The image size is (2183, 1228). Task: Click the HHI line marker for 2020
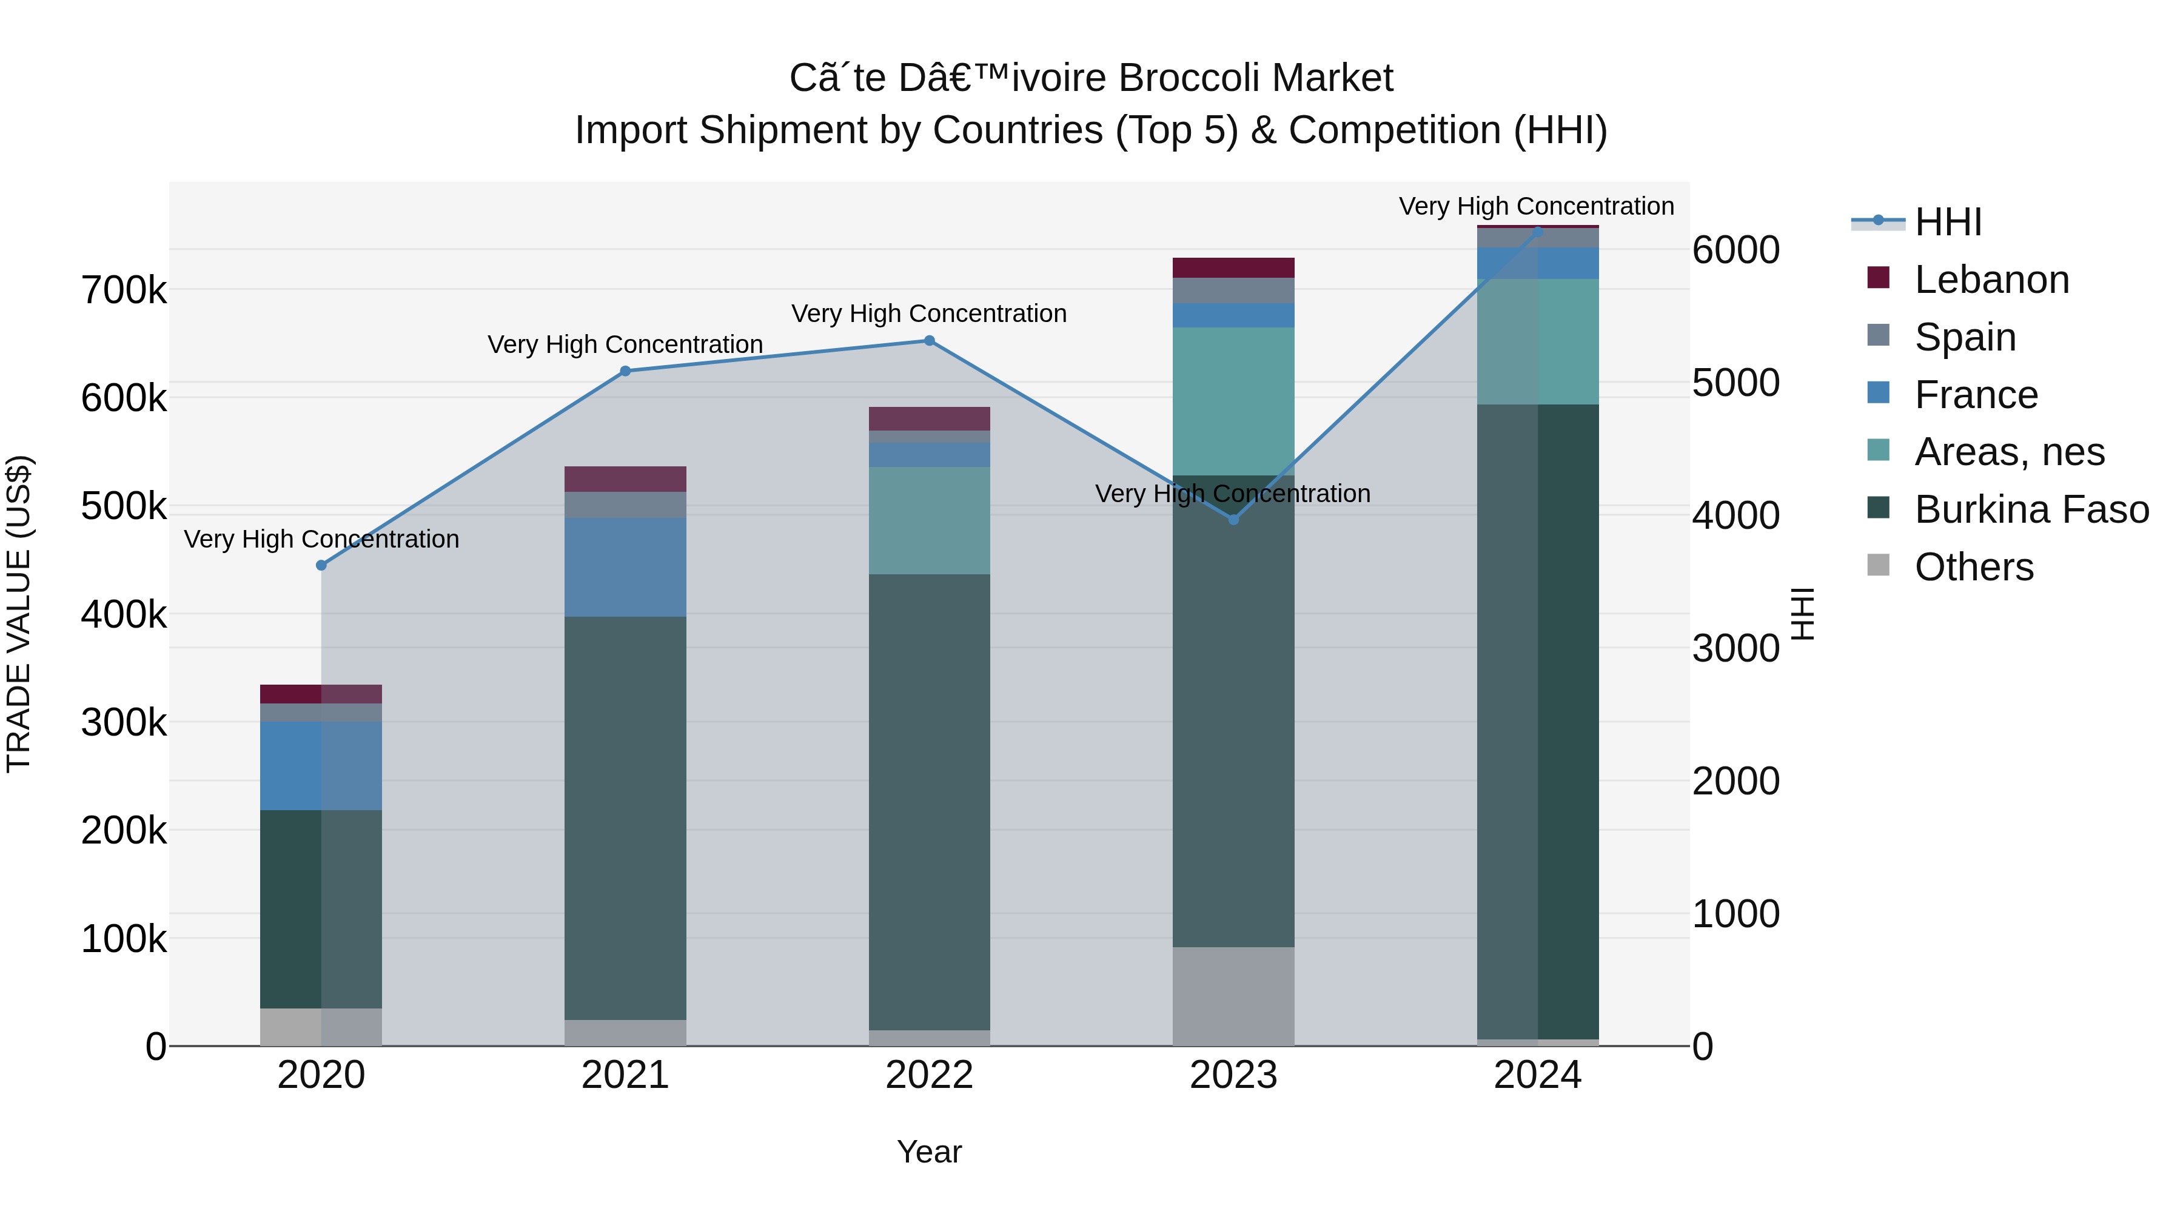tap(321, 565)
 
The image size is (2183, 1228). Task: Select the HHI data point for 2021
tap(625, 371)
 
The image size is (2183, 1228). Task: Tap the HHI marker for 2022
tap(929, 341)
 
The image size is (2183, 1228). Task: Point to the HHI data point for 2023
tap(1234, 520)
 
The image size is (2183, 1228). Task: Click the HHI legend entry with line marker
tap(1917, 222)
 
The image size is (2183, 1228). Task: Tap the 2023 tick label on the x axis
tap(1234, 1075)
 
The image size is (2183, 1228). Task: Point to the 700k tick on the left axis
tap(124, 290)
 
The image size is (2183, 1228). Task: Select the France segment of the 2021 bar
tap(625, 567)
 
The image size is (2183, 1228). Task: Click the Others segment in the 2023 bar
tap(1234, 996)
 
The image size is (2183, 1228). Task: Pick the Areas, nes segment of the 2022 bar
tap(930, 520)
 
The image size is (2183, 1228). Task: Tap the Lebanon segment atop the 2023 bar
tap(1234, 268)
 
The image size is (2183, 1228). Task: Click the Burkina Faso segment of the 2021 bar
tap(625, 818)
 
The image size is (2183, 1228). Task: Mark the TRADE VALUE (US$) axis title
tap(19, 614)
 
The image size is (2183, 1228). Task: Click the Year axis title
tap(930, 1152)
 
